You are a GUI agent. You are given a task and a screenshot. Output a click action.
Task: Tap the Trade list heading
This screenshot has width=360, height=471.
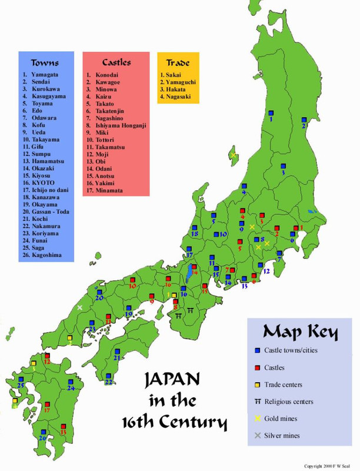(x=178, y=62)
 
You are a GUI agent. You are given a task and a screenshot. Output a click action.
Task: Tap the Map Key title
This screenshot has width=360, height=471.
(x=301, y=331)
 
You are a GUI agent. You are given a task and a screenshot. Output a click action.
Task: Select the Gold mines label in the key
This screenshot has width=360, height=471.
(x=290, y=419)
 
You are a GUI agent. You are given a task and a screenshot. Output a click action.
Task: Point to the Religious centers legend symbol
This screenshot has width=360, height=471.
(x=257, y=402)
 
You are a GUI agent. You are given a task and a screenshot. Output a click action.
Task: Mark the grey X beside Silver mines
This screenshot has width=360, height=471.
(x=257, y=436)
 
